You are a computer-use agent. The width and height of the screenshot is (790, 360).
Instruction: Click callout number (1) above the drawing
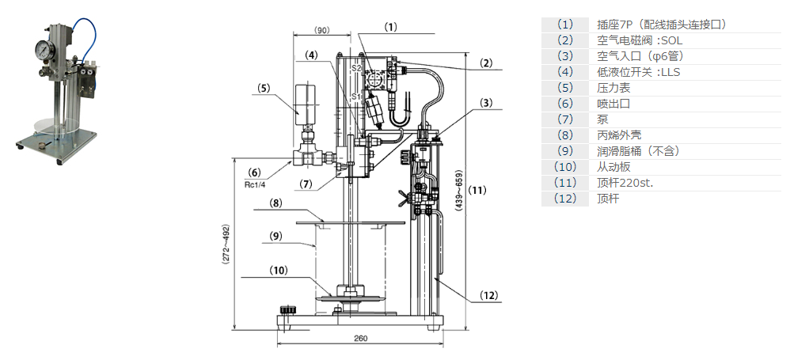click(x=391, y=26)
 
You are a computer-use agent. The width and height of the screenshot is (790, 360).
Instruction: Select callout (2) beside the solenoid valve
click(x=486, y=63)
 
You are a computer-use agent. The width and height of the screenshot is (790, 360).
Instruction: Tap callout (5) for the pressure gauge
click(x=264, y=88)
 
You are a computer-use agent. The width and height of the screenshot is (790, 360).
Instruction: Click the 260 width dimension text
click(x=360, y=339)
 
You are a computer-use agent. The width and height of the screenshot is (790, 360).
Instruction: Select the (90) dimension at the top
click(x=321, y=30)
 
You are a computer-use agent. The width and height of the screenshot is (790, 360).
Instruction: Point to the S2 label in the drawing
click(x=356, y=70)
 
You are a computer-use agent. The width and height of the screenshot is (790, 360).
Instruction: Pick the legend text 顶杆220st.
click(x=625, y=183)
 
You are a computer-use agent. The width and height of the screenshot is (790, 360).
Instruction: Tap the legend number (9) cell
click(x=564, y=151)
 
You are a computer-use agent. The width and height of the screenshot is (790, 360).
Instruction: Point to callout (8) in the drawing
click(x=275, y=203)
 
